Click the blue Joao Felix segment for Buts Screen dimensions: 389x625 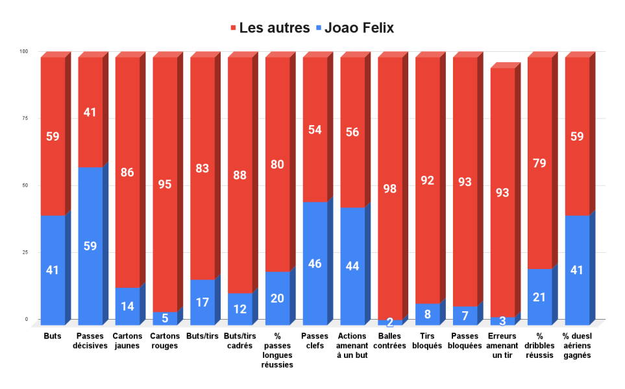53,270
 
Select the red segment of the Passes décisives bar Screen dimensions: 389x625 90,112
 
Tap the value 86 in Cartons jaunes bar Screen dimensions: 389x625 128,172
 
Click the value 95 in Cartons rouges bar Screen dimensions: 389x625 165,184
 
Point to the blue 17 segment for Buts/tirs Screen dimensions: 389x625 202,301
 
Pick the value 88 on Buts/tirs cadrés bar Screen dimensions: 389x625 240,175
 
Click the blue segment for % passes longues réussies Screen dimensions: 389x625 278,298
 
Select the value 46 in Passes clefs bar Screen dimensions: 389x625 315,263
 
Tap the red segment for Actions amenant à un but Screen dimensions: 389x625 352,132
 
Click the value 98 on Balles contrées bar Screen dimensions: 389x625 390,189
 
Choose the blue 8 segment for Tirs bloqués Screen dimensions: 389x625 428,314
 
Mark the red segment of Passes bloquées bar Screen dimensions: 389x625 465,182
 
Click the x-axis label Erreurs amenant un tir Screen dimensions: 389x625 502,346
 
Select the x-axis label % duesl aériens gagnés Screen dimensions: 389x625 577,346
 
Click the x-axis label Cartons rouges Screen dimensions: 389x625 165,341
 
